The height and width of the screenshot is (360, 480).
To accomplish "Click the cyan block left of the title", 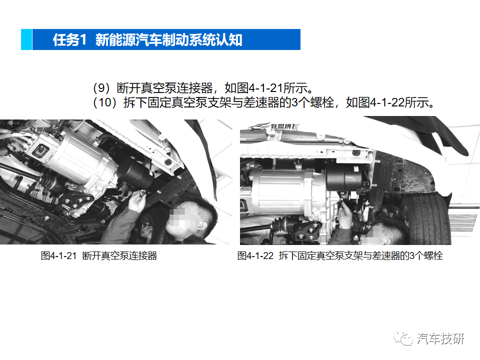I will pyautogui.click(x=26, y=39).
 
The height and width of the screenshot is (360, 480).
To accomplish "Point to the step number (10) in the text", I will pyautogui.click(x=104, y=102).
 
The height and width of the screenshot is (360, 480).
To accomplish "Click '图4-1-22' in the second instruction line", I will pyautogui.click(x=381, y=102).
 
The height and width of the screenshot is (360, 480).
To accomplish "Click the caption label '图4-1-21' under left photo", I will pyautogui.click(x=58, y=256).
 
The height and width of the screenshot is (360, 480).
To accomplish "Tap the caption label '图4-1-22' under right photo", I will pyautogui.click(x=255, y=256).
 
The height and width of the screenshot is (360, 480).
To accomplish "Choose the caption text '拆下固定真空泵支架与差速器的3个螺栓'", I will pyautogui.click(x=361, y=256).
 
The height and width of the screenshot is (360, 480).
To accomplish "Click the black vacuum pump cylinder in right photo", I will pyautogui.click(x=345, y=177).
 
